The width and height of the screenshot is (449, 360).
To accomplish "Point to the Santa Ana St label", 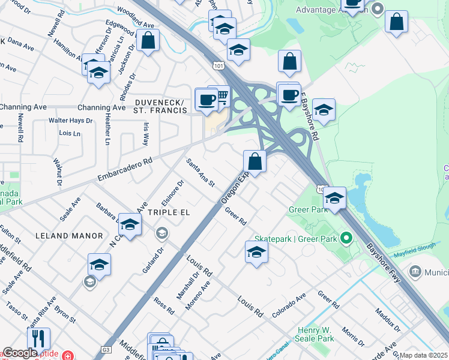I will point(200,172).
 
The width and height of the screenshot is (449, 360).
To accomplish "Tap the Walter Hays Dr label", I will point(71,120).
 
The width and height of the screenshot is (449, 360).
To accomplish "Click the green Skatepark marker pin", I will point(346,239).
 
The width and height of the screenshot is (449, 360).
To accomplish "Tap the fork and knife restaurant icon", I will point(38,338).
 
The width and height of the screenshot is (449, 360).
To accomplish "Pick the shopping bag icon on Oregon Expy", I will point(255,161).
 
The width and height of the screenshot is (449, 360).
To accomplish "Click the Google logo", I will point(20,353).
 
